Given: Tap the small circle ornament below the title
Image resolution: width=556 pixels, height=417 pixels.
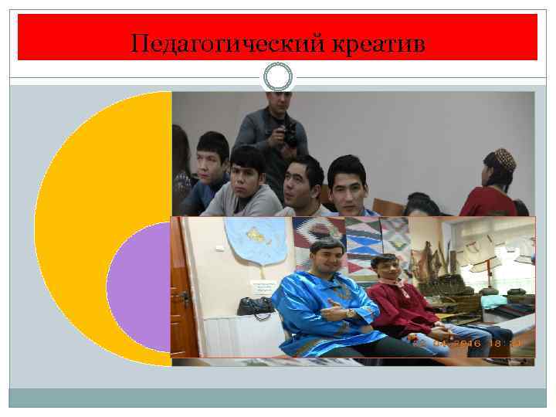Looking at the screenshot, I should pyautogui.click(x=278, y=77).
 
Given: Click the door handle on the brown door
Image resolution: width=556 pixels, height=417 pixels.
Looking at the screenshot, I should pyautogui.click(x=185, y=298).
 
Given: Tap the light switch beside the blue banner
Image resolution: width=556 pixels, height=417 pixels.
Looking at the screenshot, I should pyautogui.click(x=219, y=248).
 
